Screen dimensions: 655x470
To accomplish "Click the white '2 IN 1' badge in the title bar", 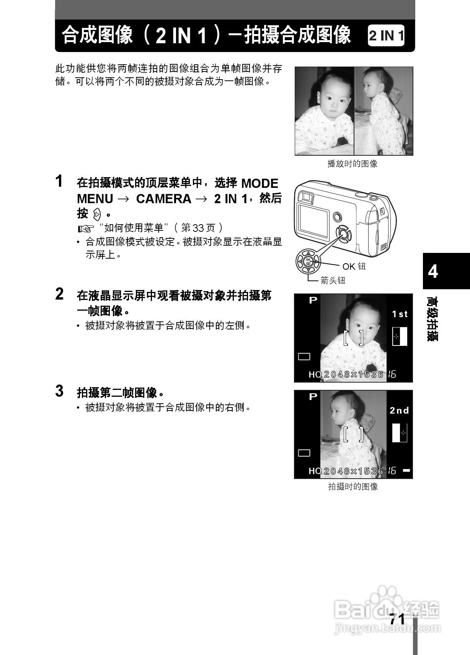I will click(x=386, y=36).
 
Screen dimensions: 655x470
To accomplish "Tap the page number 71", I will click(x=397, y=619).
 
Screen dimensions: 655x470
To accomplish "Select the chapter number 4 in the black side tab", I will click(x=433, y=271).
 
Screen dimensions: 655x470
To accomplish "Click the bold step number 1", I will click(x=59, y=181).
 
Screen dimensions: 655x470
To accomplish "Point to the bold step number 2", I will click(x=59, y=294).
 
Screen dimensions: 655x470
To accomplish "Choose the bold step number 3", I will click(x=59, y=391).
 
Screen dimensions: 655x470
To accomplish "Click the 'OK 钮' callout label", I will click(x=354, y=266).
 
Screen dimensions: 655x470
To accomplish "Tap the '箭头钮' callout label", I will click(x=333, y=281).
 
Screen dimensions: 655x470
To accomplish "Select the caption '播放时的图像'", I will click(x=352, y=164).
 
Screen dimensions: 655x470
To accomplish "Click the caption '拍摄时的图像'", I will click(x=353, y=487).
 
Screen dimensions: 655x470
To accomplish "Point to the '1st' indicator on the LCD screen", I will click(x=400, y=314).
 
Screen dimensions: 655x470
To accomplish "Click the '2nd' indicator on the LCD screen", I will click(x=399, y=411).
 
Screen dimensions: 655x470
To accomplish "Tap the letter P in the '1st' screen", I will click(x=313, y=300).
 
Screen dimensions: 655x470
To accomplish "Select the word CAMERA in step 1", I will click(x=163, y=199).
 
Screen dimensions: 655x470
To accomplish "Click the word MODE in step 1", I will click(x=259, y=184).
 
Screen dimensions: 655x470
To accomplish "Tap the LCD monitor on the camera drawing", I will click(x=313, y=220).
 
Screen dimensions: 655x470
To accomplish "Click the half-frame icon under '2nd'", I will click(x=399, y=433).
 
